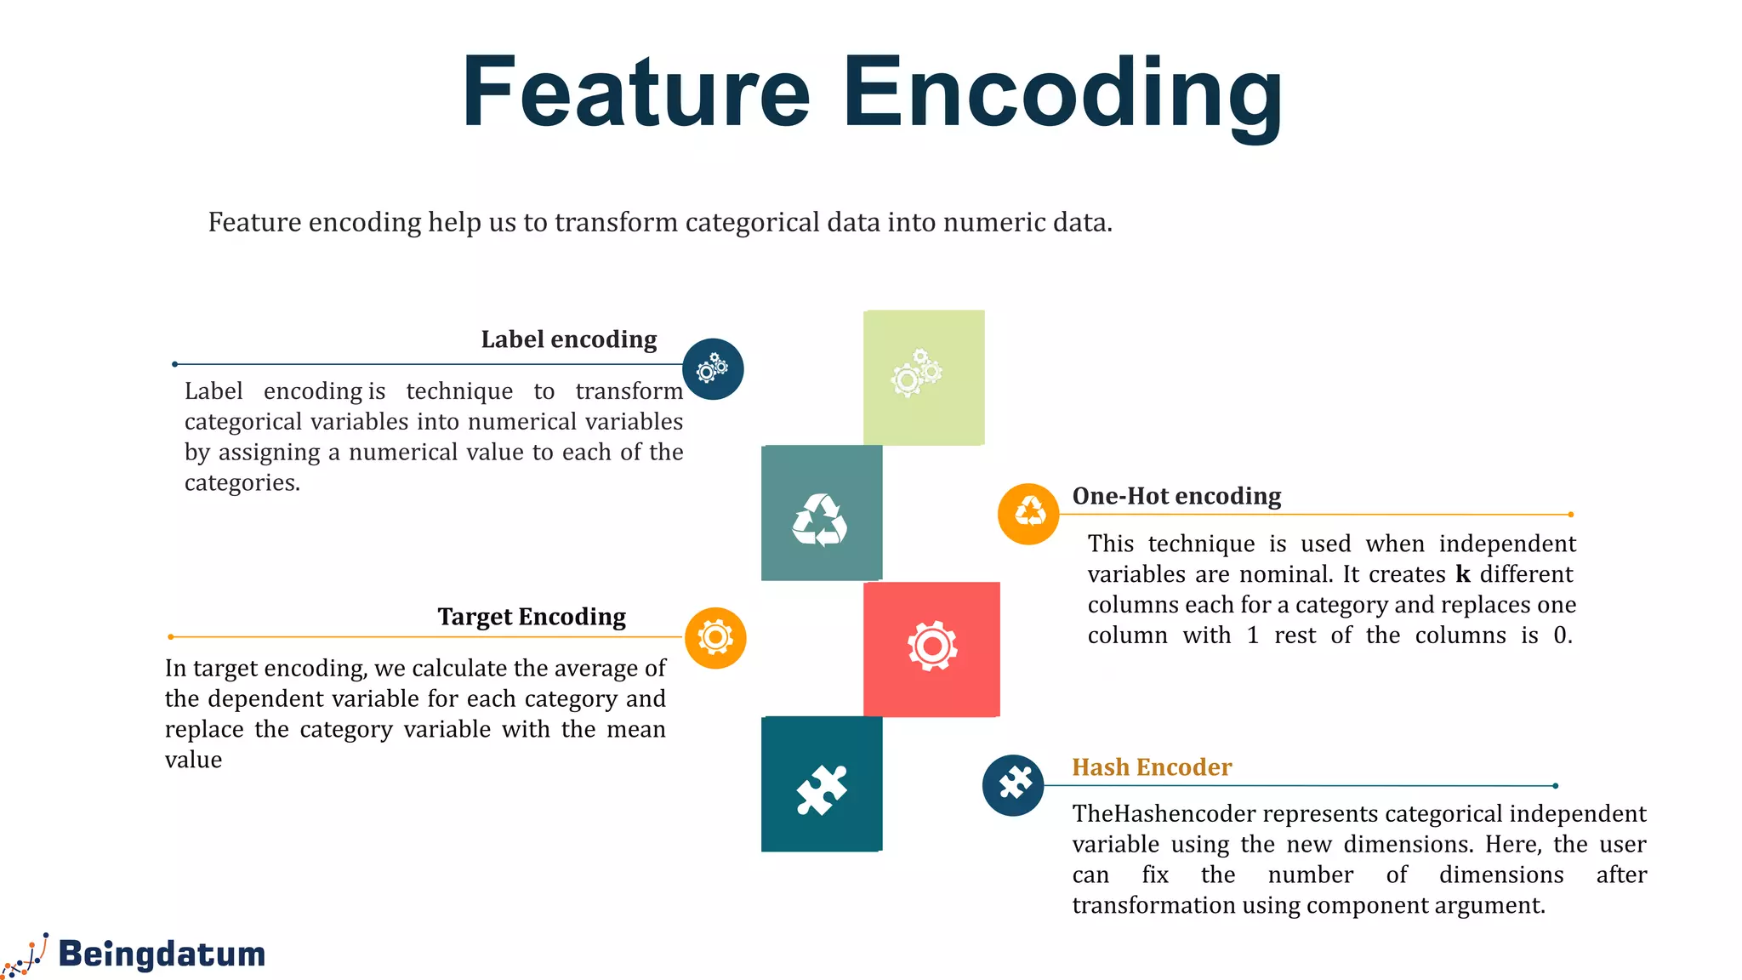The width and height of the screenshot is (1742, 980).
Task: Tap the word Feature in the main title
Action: tap(636, 92)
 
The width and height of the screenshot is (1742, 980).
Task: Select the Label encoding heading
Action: tap(568, 339)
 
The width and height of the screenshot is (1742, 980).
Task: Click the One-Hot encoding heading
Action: tap(1176, 496)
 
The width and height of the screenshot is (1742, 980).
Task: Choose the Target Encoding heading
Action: tap(532, 617)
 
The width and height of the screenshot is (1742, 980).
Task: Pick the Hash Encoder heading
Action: tap(1151, 767)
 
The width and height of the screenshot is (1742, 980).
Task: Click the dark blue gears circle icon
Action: tap(713, 369)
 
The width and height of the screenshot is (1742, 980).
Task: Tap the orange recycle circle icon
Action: tap(1028, 514)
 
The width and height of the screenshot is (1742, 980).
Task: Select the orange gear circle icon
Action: tap(715, 638)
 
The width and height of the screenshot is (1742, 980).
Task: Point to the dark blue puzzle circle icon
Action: tap(1013, 784)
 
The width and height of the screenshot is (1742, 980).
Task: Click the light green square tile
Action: tap(924, 378)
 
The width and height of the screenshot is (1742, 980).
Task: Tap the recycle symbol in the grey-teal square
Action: tap(820, 520)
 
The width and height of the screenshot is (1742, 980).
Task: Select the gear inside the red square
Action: tap(932, 647)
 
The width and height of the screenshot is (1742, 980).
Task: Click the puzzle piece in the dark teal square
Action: tap(822, 789)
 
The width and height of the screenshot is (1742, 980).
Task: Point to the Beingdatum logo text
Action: tap(162, 954)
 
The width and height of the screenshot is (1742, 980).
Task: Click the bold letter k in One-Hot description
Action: tap(1463, 574)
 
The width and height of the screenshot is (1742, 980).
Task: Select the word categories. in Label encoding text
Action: tap(242, 483)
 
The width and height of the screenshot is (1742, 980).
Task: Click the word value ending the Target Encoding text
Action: tap(193, 760)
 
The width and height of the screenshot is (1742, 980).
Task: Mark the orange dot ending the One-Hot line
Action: tap(1570, 515)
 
